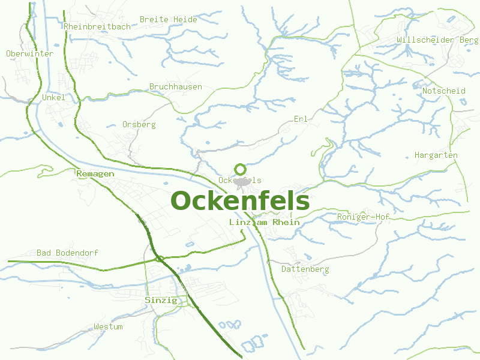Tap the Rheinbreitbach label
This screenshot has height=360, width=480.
click(x=96, y=26)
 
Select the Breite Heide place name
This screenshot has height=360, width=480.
click(x=168, y=19)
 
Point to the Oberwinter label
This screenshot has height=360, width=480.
click(x=29, y=53)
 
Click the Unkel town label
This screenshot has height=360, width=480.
click(x=53, y=97)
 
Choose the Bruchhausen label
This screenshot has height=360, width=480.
click(x=176, y=86)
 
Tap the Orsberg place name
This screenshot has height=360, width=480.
click(x=139, y=124)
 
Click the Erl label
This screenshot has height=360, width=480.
click(x=301, y=119)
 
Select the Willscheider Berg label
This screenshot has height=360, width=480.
click(x=437, y=40)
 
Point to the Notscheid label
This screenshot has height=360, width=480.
click(x=444, y=91)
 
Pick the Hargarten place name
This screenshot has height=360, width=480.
click(x=436, y=155)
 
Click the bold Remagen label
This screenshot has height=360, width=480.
click(x=95, y=173)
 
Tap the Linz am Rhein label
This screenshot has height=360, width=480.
click(x=265, y=222)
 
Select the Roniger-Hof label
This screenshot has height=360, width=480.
click(x=364, y=216)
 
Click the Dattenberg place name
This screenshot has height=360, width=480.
click(x=305, y=269)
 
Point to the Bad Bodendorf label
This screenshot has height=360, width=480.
click(x=67, y=253)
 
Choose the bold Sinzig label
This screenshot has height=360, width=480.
click(x=161, y=300)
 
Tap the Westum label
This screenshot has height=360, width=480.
click(x=108, y=326)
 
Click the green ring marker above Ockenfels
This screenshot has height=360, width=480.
click(x=240, y=169)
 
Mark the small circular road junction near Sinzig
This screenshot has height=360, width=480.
click(x=160, y=259)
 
